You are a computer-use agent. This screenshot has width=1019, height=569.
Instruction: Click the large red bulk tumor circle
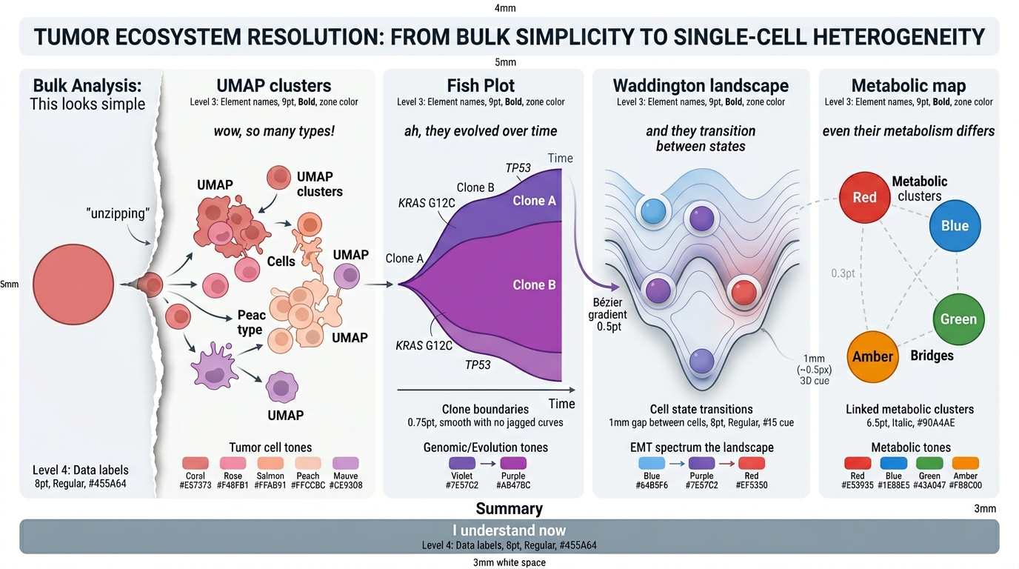(x=73, y=284)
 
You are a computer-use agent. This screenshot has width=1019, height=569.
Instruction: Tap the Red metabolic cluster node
(x=864, y=197)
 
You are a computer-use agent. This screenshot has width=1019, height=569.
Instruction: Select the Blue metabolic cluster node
(x=955, y=226)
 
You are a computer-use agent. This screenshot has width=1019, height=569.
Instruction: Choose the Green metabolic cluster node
(x=958, y=319)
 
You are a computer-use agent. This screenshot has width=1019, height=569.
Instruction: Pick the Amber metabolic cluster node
(x=872, y=356)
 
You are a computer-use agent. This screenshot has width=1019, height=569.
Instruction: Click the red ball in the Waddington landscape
(x=744, y=292)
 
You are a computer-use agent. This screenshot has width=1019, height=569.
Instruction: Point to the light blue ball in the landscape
(x=653, y=211)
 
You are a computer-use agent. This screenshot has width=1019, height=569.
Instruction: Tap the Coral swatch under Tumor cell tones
(x=196, y=463)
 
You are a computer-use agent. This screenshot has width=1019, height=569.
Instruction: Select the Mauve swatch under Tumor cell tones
(x=346, y=463)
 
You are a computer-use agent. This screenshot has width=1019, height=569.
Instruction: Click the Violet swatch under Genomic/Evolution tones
(x=462, y=463)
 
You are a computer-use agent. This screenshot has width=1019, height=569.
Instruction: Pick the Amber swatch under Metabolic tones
(x=966, y=463)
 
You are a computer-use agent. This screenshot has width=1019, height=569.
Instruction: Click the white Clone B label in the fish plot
(x=534, y=285)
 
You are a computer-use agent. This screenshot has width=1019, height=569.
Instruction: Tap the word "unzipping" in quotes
(x=118, y=213)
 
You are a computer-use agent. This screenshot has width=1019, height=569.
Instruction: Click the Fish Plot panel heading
(x=481, y=86)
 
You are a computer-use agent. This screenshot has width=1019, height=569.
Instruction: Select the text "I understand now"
(x=509, y=530)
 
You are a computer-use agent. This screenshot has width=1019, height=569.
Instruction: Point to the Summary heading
(x=509, y=508)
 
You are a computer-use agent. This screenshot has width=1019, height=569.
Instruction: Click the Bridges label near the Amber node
(x=932, y=356)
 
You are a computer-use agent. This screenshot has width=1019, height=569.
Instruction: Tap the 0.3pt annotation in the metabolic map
(x=843, y=273)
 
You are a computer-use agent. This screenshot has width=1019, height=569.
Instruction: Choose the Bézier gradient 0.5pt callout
(x=608, y=315)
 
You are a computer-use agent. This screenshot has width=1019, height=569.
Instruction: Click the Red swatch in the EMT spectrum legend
(x=752, y=463)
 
